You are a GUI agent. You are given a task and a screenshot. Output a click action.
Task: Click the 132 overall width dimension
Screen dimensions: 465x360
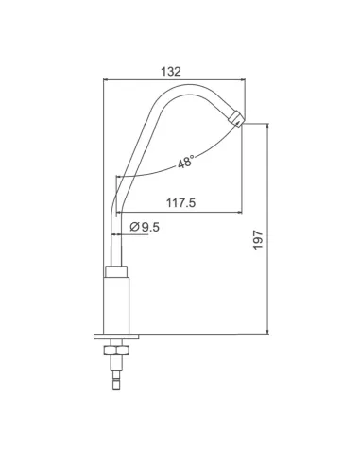171,71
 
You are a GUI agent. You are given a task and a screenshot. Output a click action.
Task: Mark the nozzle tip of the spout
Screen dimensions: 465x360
237,119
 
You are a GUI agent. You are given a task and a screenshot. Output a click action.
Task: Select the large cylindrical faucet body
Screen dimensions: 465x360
116,302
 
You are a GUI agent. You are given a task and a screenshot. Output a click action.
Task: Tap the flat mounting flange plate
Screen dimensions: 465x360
116,335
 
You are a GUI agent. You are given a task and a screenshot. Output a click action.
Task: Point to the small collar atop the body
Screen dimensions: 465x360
116,271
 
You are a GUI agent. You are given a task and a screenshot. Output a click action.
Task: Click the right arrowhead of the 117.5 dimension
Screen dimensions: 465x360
241,214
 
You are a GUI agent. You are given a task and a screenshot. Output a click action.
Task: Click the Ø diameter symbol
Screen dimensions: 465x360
134,227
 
